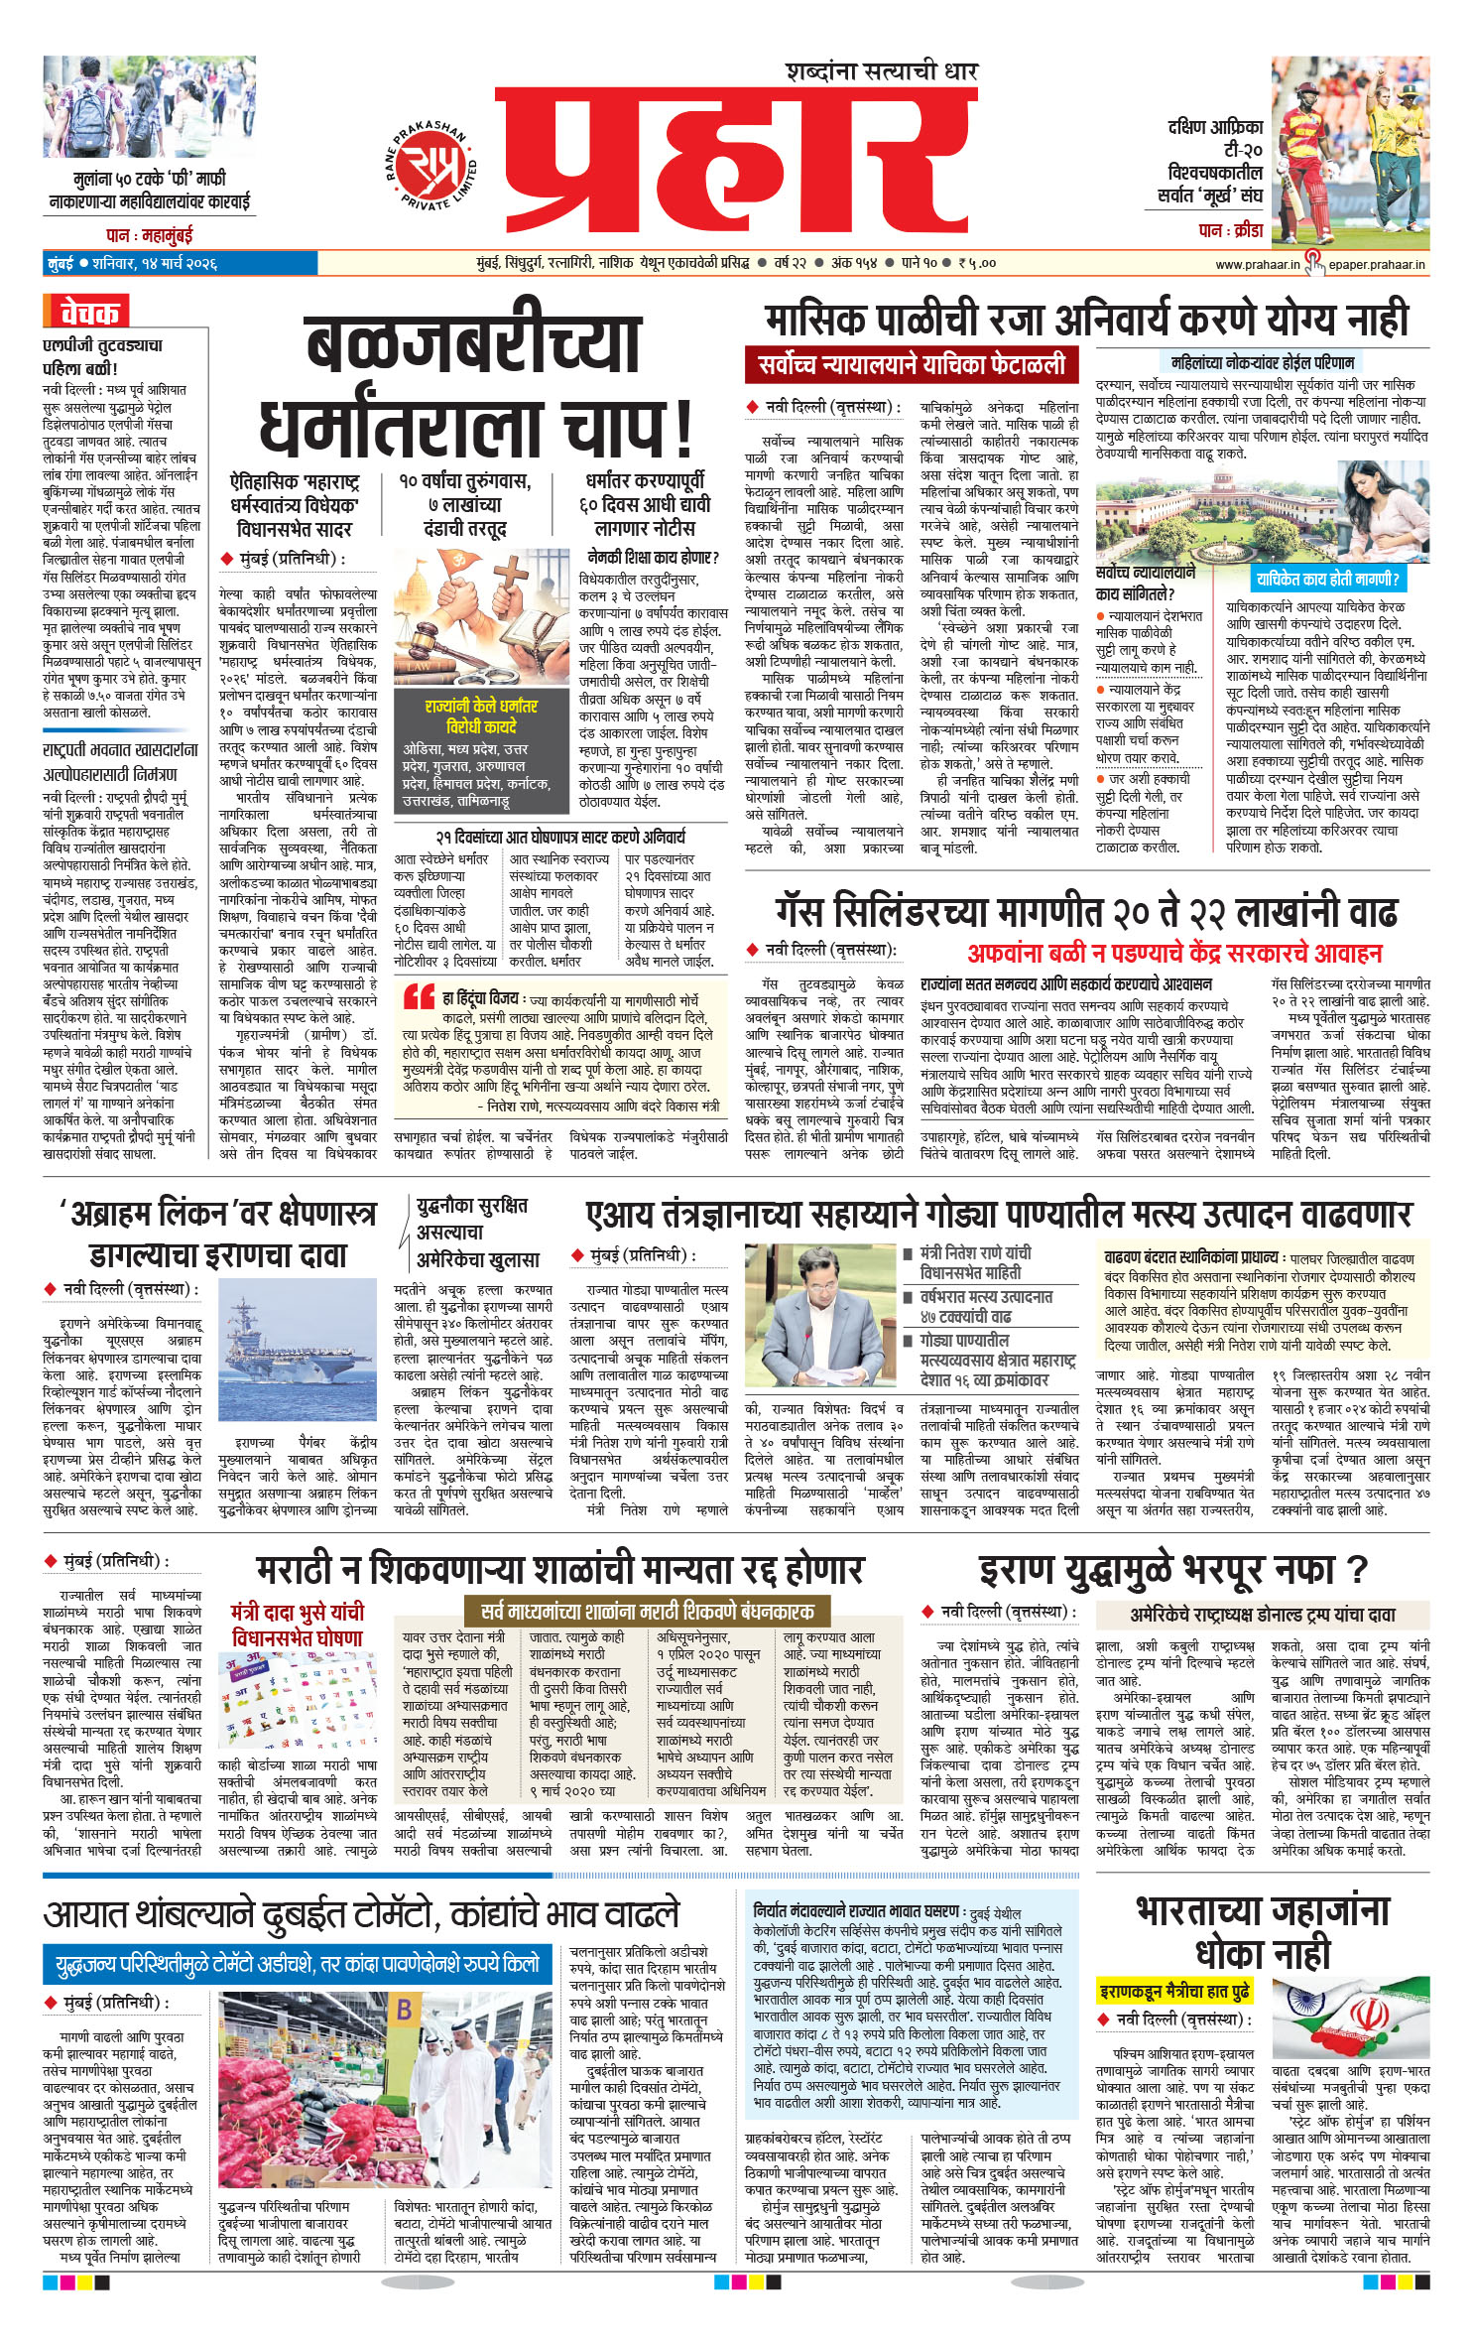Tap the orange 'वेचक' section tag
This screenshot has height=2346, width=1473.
point(86,313)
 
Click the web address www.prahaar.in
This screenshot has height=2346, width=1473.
point(1257,264)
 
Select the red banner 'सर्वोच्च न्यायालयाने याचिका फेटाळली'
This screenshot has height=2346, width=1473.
point(912,364)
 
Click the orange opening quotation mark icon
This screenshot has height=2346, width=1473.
point(419,997)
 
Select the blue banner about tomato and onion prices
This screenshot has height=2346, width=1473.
point(297,1963)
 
